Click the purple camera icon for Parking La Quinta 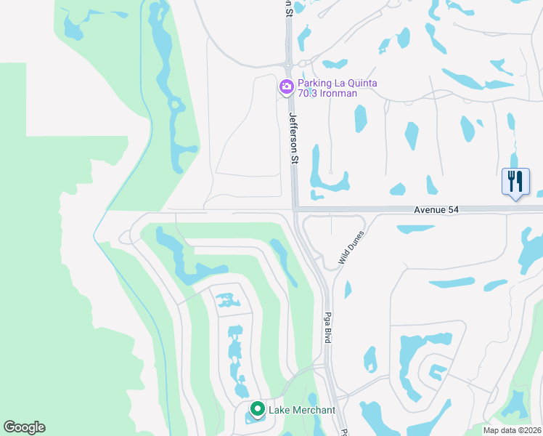(x=287, y=87)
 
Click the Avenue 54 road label (x=436, y=209)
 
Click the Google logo (x=24, y=427)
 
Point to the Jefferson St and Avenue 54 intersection (x=295, y=210)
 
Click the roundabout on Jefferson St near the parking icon (x=289, y=64)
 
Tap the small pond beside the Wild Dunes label (x=347, y=290)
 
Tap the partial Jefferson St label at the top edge (x=289, y=7)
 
